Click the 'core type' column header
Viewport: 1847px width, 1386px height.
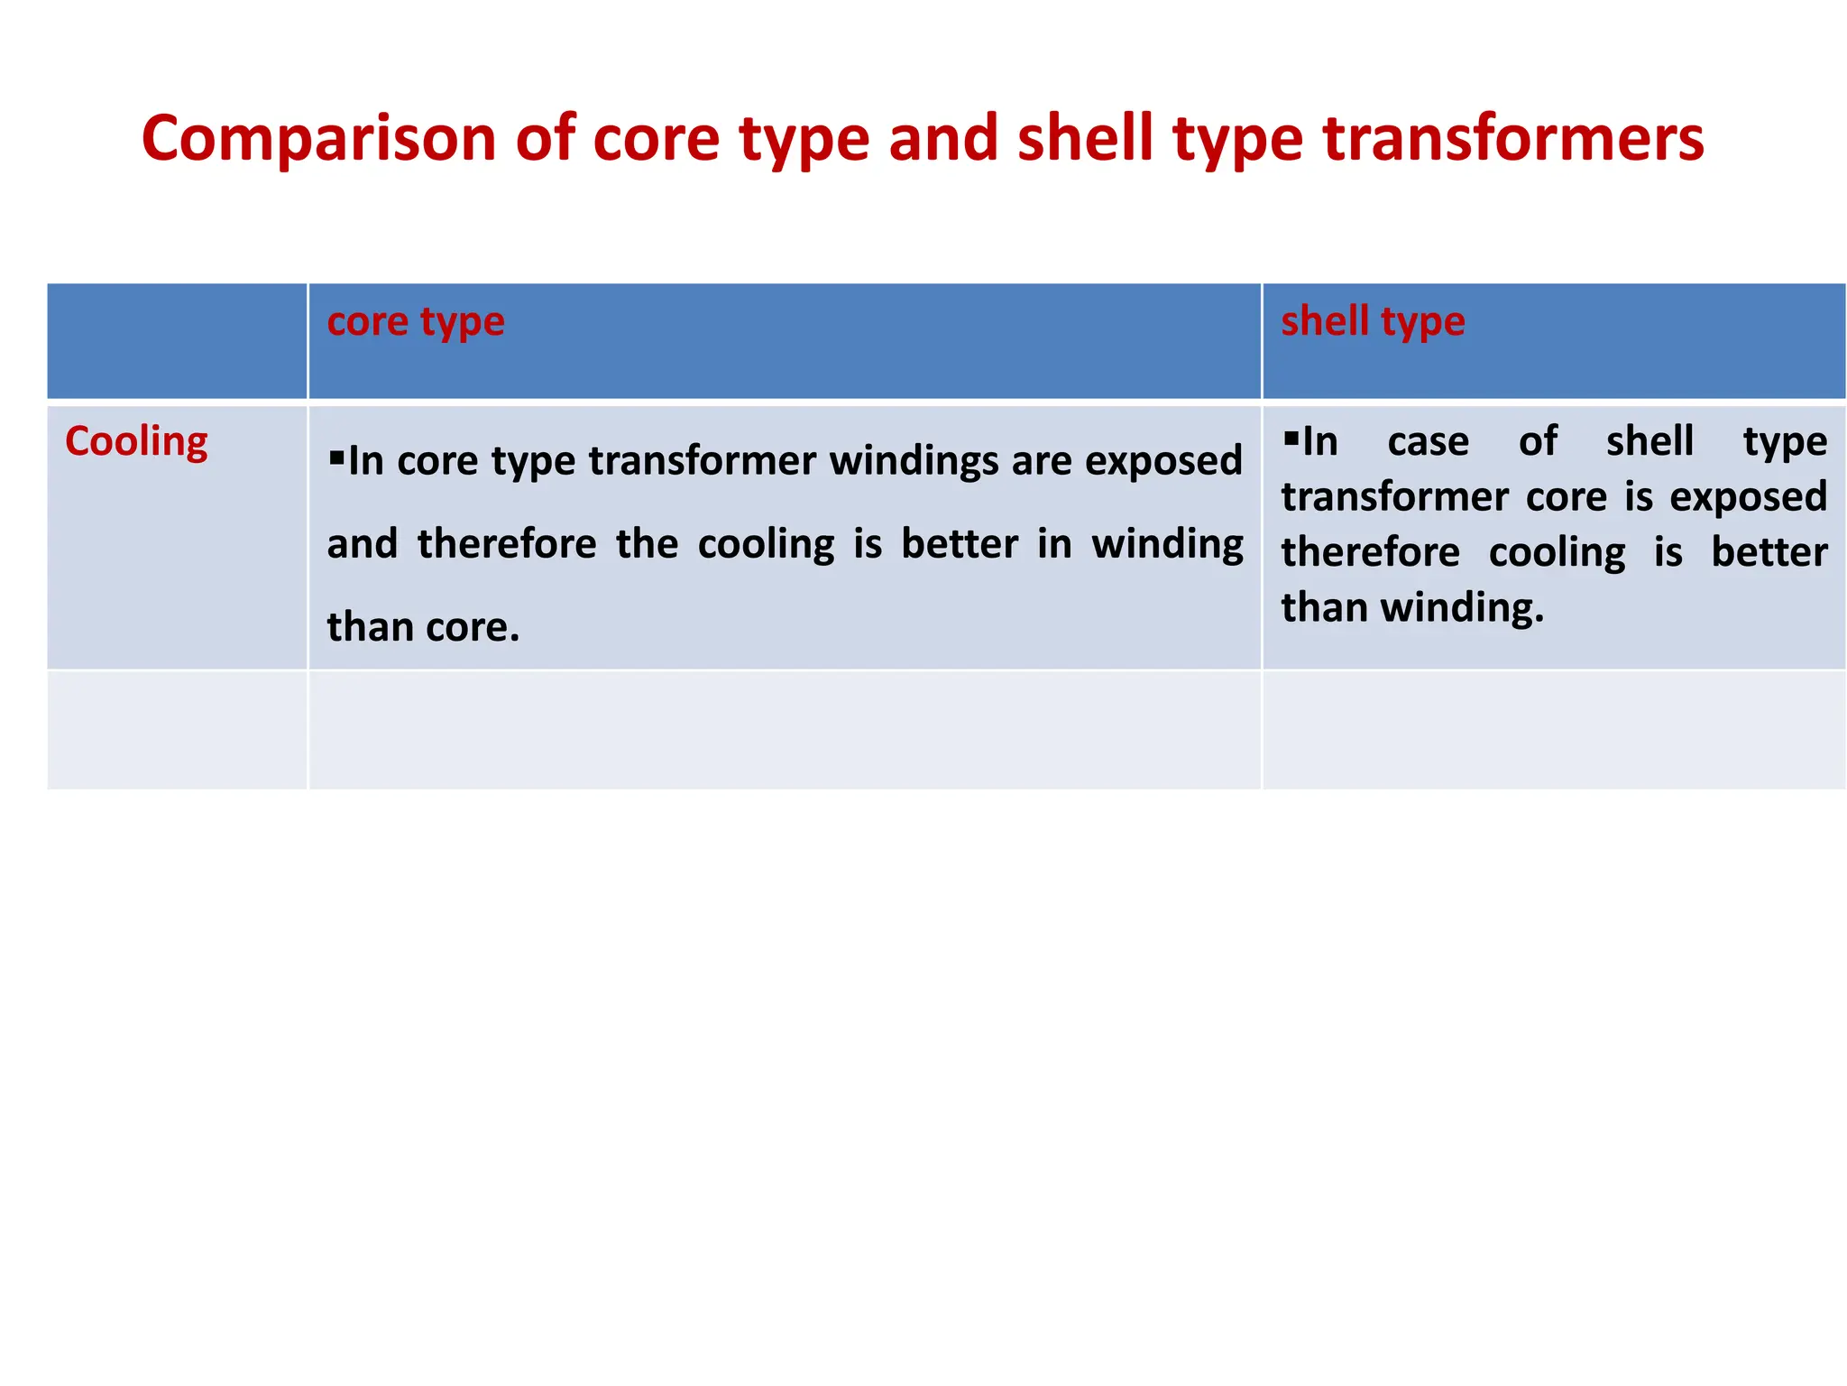click(416, 322)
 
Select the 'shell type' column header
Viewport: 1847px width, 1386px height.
click(1373, 322)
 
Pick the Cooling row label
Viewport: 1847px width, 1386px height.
click(136, 442)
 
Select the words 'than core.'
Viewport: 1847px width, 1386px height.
click(423, 627)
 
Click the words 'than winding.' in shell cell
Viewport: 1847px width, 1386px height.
click(1412, 607)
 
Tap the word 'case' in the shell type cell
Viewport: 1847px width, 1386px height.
click(1428, 442)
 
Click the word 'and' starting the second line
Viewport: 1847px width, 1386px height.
click(362, 544)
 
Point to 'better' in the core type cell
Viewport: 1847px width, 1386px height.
click(960, 544)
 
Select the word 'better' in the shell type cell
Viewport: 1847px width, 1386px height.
click(1769, 552)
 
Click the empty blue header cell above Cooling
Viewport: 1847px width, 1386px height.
click(177, 341)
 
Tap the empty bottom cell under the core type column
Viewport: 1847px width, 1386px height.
click(784, 730)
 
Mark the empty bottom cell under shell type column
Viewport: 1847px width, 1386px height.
click(1553, 730)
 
